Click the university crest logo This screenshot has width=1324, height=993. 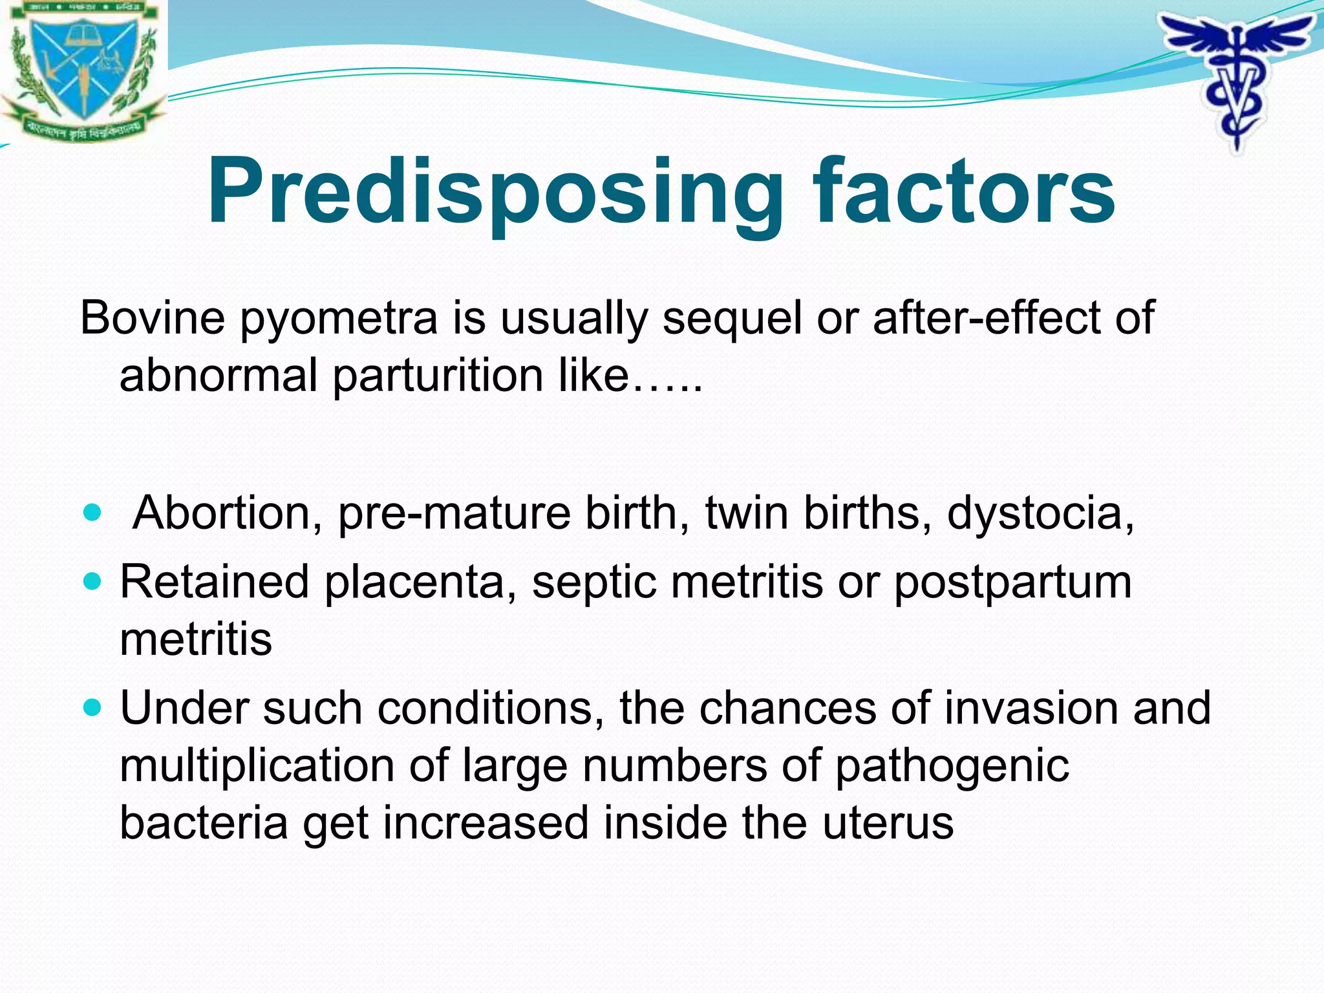(82, 70)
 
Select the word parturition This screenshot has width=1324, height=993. (438, 377)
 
